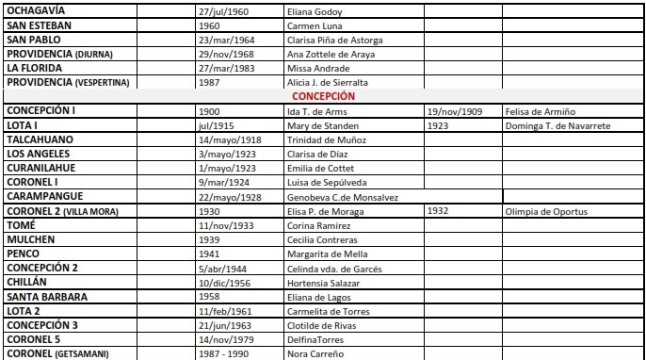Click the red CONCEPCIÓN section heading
(x=323, y=96)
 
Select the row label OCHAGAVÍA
(x=39, y=10)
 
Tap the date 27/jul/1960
(x=223, y=10)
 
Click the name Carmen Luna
(x=315, y=25)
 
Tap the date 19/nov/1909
(x=454, y=111)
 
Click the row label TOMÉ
(x=21, y=225)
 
